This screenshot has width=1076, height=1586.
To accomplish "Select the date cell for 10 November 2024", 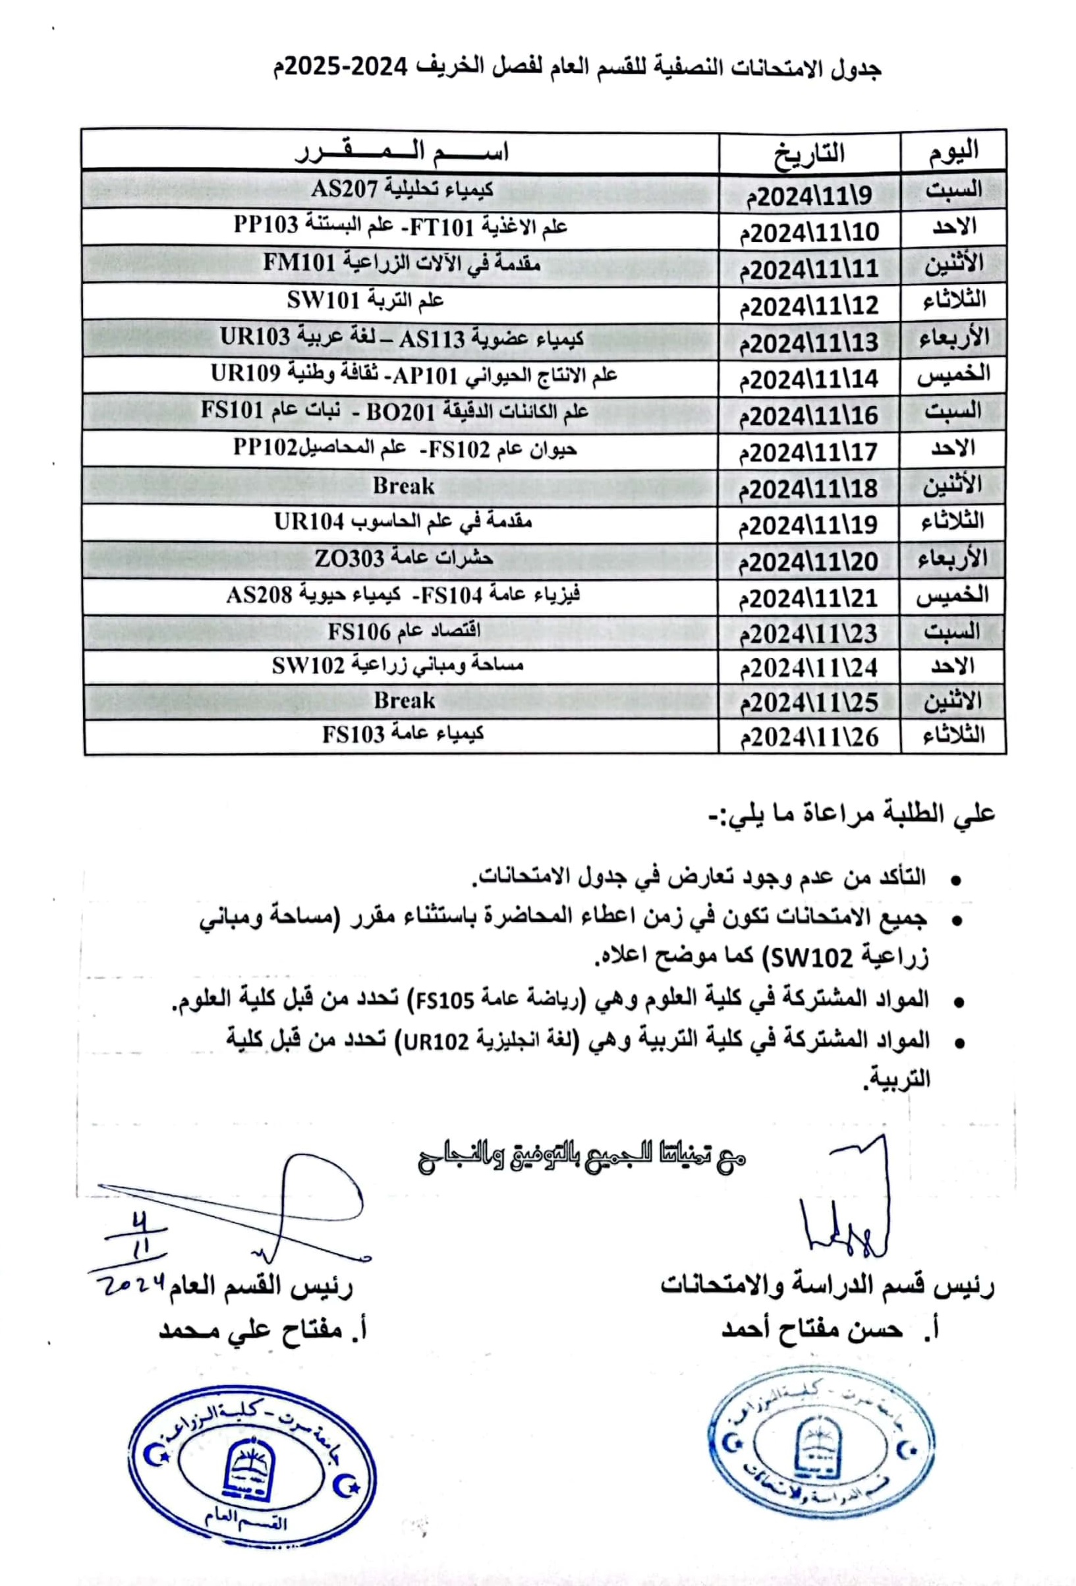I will [x=809, y=233].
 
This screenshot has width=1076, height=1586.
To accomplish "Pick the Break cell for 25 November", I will [x=404, y=700].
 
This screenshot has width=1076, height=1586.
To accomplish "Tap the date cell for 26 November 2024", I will [x=809, y=737].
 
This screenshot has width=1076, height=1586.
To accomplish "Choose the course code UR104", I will [x=308, y=522].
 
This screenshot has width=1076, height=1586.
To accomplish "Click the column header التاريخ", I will [x=809, y=152].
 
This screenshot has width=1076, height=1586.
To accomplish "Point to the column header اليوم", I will [x=953, y=151].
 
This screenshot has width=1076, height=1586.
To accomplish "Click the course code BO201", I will [x=400, y=412].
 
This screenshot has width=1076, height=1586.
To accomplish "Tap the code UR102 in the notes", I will [x=435, y=1041].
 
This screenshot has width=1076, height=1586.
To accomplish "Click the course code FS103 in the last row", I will [x=354, y=734].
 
